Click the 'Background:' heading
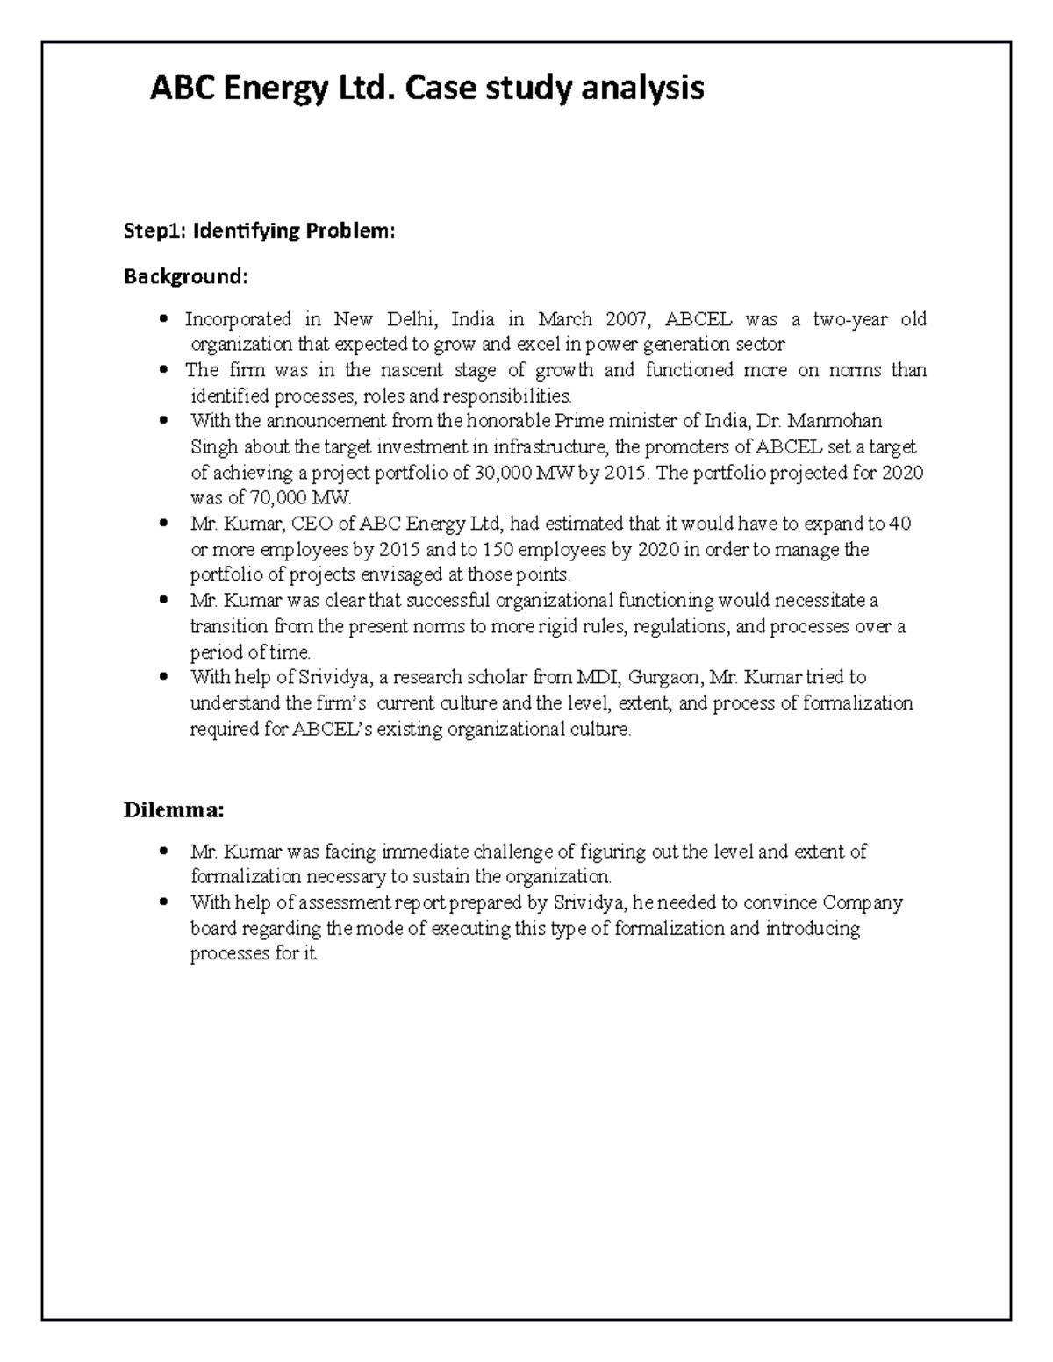(x=185, y=277)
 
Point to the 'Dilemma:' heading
(x=174, y=809)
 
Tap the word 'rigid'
(x=544, y=627)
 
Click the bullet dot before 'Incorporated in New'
(x=164, y=319)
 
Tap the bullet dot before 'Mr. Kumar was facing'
(x=164, y=852)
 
